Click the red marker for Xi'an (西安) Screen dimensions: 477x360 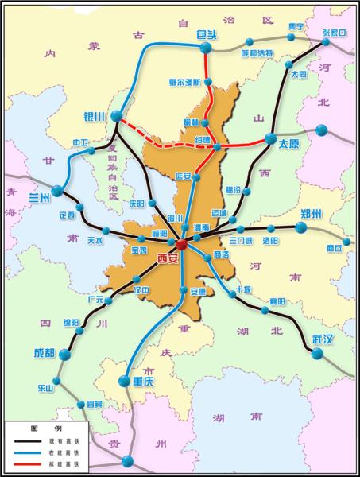pyautogui.click(x=181, y=245)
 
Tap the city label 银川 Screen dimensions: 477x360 pyautogui.click(x=95, y=116)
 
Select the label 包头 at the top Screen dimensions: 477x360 pyautogui.click(x=207, y=36)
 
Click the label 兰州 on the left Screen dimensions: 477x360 pyautogui.click(x=39, y=196)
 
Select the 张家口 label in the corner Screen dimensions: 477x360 pyautogui.click(x=336, y=33)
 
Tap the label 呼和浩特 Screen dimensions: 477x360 pyautogui.click(x=257, y=53)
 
